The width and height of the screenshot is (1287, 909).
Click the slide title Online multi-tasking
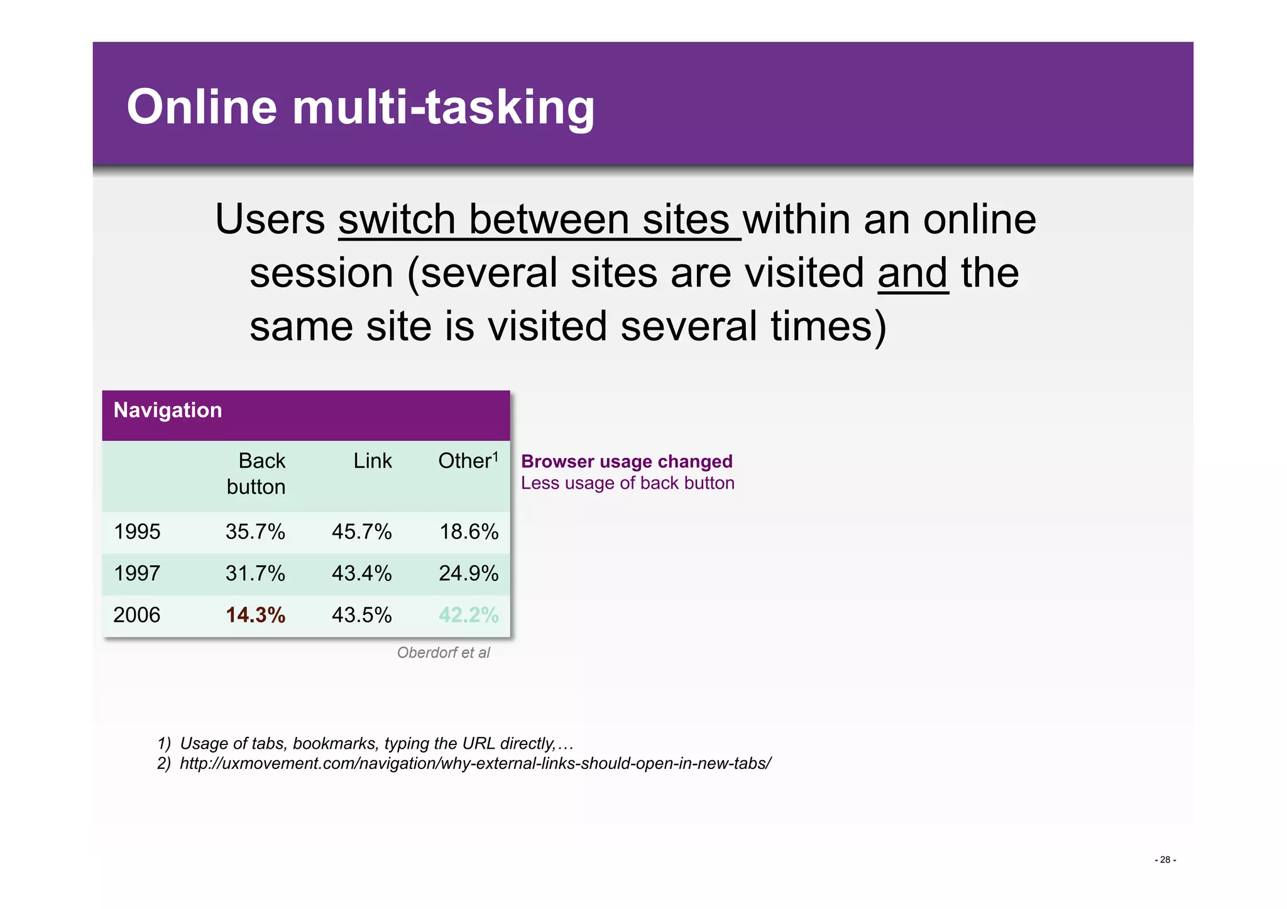point(360,107)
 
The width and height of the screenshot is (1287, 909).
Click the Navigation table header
point(168,410)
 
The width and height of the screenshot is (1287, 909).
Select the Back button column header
point(256,474)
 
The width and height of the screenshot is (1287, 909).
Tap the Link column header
point(372,461)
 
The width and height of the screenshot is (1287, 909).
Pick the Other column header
point(468,461)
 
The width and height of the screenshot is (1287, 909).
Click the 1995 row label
point(137,532)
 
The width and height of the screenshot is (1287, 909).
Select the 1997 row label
point(137,574)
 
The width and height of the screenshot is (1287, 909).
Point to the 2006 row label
point(137,615)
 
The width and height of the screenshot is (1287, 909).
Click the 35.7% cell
point(255,532)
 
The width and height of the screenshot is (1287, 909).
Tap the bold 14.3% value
point(255,615)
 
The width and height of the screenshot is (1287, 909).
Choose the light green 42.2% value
point(468,615)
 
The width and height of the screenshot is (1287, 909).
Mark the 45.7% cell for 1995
point(361,532)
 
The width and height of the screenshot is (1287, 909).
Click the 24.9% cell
point(468,574)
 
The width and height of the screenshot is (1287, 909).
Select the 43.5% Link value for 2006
point(361,615)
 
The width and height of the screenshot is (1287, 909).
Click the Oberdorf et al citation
point(443,653)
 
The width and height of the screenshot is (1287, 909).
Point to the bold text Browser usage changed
point(627,462)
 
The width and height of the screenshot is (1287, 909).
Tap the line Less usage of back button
point(627,483)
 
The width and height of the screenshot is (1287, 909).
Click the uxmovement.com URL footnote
point(475,764)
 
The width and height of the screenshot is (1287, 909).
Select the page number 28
point(1165,860)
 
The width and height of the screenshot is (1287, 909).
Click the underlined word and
point(912,273)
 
